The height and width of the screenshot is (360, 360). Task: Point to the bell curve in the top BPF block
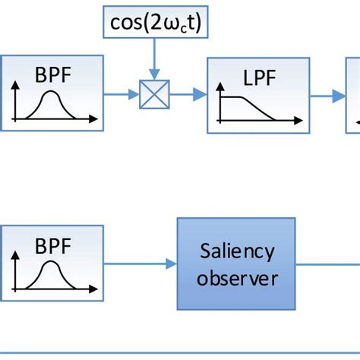click(x=51, y=106)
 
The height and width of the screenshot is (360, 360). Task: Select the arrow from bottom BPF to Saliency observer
click(x=140, y=265)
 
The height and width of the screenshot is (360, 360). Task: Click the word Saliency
click(x=236, y=251)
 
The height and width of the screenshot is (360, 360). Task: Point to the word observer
click(x=236, y=278)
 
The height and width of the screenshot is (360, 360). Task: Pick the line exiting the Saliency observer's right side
click(x=327, y=265)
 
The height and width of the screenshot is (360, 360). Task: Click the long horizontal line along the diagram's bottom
click(x=180, y=352)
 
